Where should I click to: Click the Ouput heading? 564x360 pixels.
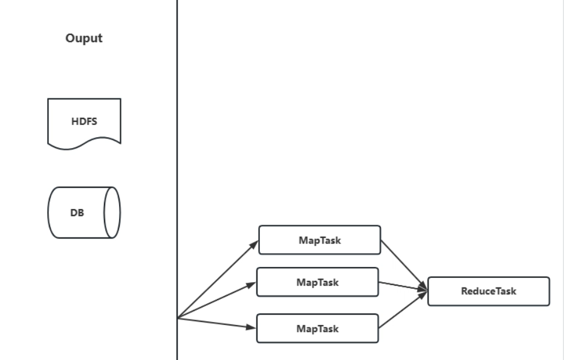84,38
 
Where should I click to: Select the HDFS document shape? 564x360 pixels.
84,121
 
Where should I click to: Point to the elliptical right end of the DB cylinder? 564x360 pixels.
112,213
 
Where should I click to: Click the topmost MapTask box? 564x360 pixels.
319,240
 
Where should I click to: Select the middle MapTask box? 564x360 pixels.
317,282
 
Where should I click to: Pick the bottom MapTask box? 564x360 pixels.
318,329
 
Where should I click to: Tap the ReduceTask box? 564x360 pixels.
488,291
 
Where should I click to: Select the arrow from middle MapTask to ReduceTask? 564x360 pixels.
403,287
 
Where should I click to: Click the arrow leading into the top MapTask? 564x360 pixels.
218,278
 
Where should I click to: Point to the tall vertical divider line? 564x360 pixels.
177,151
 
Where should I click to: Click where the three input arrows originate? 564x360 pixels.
178,317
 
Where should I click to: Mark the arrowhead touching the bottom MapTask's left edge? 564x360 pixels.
252,328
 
